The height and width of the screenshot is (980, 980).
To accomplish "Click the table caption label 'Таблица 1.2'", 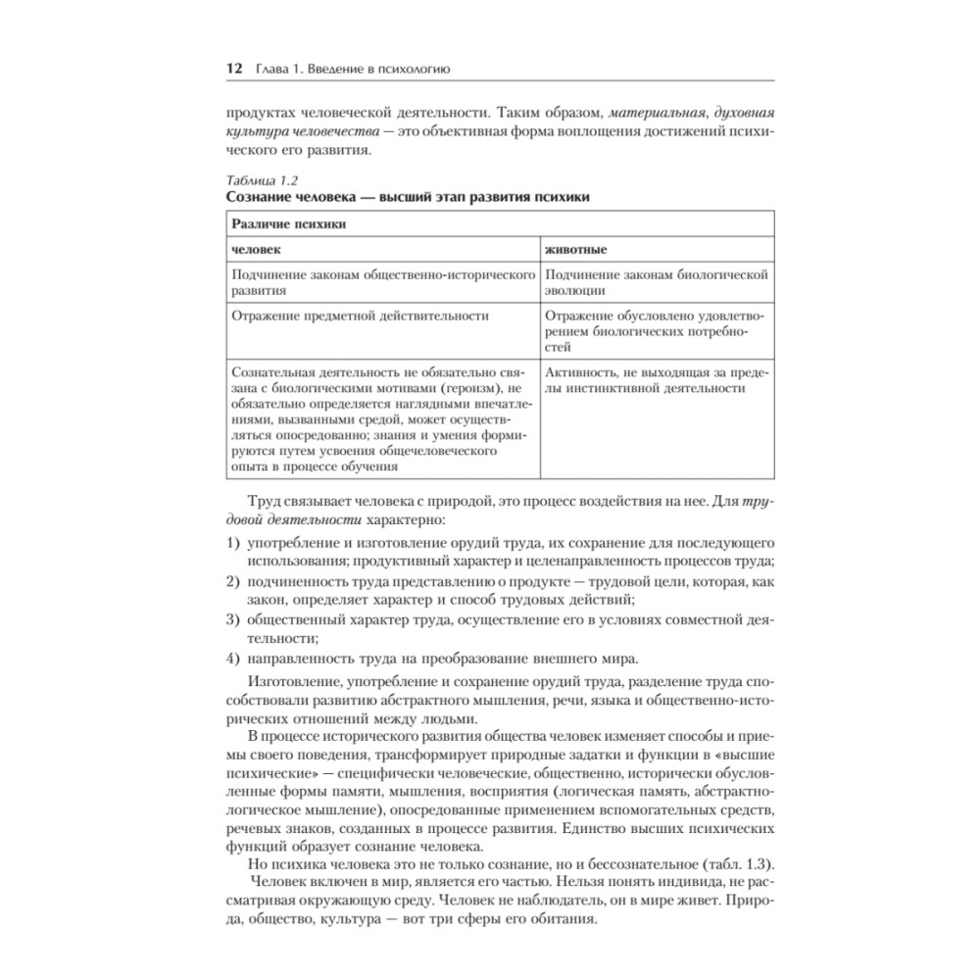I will tap(262, 180).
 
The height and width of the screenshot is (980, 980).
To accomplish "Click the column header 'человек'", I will tap(254, 249).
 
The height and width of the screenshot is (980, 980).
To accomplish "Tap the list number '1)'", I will tap(232, 543).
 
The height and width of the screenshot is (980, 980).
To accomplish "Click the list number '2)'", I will tap(232, 582).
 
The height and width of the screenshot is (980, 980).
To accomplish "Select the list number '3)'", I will tap(232, 620).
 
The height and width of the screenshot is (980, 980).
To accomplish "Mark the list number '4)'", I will tap(232, 658).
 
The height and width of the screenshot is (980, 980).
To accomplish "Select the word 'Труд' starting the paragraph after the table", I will tap(268, 500).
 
